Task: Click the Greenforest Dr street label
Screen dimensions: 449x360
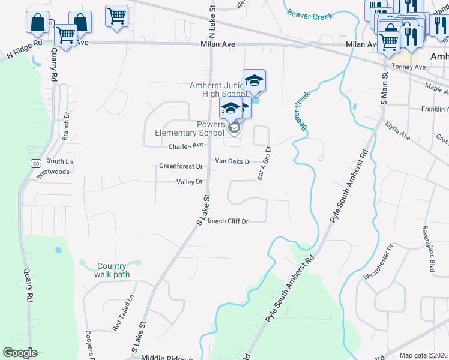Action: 181,166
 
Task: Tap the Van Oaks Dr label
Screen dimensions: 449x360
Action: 233,162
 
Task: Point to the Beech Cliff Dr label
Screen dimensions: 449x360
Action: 228,221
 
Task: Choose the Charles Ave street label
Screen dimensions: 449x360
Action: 186,146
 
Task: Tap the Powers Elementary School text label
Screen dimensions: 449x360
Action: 189,128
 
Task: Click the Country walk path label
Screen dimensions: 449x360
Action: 112,270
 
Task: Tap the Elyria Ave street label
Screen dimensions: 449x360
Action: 397,130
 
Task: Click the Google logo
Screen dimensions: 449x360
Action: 20,353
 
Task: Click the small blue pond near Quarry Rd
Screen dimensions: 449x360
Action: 58,250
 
